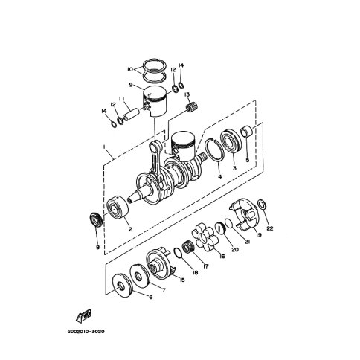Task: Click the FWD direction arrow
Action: click(x=84, y=316)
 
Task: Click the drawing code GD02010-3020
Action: click(x=86, y=332)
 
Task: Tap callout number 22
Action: click(x=270, y=228)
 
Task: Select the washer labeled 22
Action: click(x=262, y=205)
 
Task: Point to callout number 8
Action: click(x=97, y=247)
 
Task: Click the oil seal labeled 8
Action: click(x=95, y=219)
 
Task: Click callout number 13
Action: click(x=187, y=94)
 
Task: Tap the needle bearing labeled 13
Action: click(x=192, y=107)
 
